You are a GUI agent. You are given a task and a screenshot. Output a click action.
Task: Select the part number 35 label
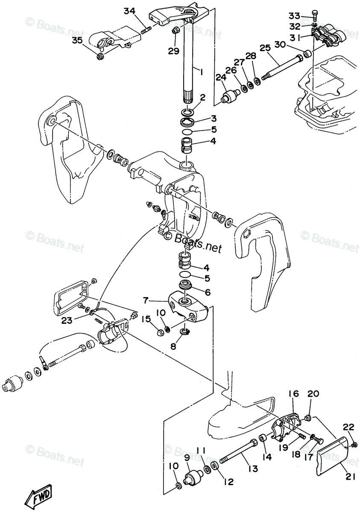77,41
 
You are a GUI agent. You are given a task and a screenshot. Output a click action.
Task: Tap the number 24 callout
221,78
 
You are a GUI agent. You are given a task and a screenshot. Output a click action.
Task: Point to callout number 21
350,477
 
